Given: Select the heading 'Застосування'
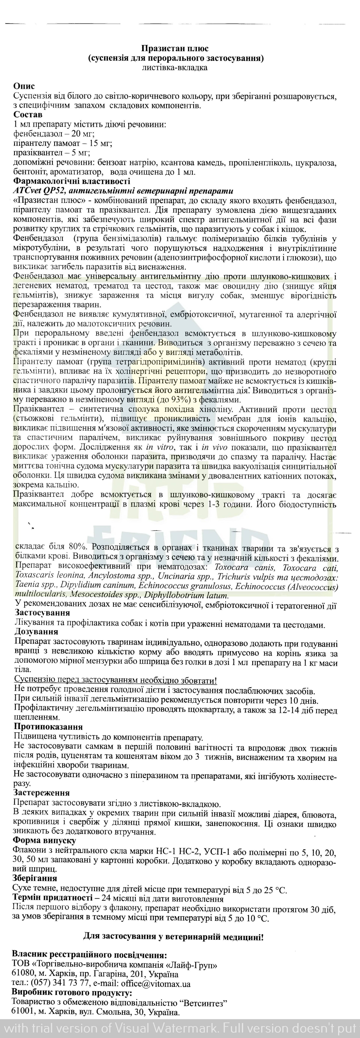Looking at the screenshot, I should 42,613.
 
